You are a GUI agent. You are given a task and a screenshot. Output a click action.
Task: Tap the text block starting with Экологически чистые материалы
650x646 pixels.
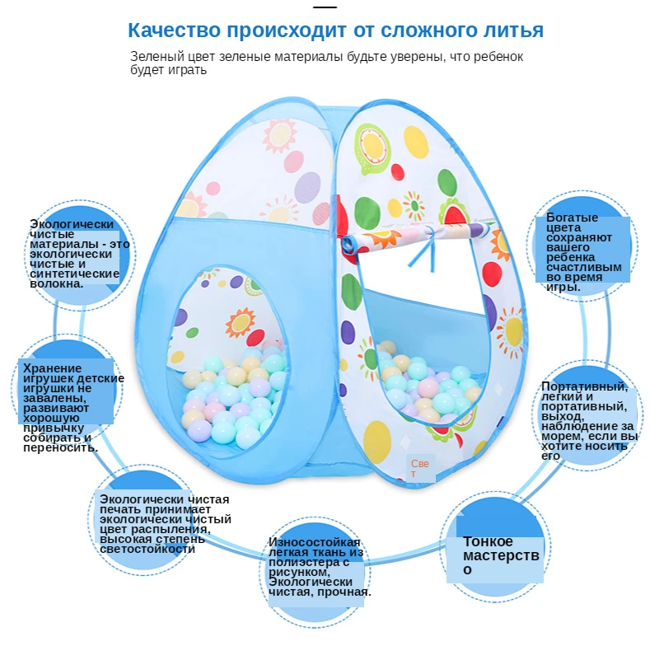pyautogui.click(x=78, y=253)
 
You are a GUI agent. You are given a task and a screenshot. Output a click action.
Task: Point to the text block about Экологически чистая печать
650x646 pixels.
pyautogui.click(x=164, y=523)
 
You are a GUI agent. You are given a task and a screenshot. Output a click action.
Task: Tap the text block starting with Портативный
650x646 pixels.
pyautogui.click(x=588, y=420)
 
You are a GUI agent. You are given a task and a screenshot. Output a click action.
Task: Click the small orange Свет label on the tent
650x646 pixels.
pyautogui.click(x=420, y=468)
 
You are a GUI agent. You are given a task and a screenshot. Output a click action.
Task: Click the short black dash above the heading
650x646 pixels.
pyautogui.click(x=325, y=7)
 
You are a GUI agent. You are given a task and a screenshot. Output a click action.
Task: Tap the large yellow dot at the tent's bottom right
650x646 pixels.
pyautogui.click(x=376, y=441)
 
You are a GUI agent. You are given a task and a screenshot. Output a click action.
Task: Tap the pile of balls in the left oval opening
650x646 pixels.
pyautogui.click(x=235, y=396)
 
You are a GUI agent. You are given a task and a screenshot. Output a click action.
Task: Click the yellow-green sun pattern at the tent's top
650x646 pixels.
pyautogui.click(x=372, y=145)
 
